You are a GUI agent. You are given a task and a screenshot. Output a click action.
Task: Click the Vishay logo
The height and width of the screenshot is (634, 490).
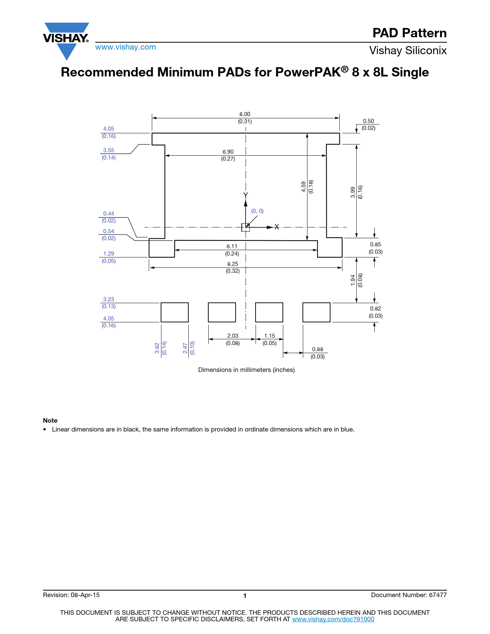(x=66, y=41)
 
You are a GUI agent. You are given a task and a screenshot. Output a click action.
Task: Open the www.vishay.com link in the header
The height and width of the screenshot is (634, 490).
(x=126, y=47)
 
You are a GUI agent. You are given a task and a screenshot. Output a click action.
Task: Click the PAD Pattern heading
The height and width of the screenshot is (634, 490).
(x=409, y=33)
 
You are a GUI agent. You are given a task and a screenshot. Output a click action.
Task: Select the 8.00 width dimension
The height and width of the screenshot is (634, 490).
(x=244, y=114)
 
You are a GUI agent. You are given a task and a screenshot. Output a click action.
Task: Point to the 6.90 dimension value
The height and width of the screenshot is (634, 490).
(x=228, y=152)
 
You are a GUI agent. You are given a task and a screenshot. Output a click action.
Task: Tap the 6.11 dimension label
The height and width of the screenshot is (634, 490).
(x=232, y=246)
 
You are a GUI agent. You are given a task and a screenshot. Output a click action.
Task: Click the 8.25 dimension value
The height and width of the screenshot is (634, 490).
(x=233, y=264)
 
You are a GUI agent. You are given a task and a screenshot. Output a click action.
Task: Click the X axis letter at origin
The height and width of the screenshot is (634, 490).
(x=277, y=227)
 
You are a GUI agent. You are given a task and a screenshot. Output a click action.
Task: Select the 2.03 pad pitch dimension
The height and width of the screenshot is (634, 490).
(x=233, y=336)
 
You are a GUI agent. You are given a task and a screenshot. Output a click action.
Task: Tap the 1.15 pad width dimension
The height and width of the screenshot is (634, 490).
(x=270, y=336)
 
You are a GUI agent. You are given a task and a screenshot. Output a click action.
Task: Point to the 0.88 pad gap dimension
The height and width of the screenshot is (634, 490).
(x=317, y=349)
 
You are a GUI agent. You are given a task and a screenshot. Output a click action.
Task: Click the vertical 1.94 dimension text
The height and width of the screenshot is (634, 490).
(x=353, y=280)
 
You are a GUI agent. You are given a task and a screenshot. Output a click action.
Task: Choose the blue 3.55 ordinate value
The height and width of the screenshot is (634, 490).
(x=108, y=150)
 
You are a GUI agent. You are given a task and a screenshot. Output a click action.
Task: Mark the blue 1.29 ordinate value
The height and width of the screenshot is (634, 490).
(x=108, y=254)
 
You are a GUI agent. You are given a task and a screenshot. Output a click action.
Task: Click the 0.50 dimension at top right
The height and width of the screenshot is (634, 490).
(x=368, y=121)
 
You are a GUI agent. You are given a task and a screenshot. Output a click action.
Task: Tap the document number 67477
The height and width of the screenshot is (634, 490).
(x=438, y=595)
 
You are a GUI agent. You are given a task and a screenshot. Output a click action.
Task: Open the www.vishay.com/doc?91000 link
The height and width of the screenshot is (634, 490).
(x=333, y=619)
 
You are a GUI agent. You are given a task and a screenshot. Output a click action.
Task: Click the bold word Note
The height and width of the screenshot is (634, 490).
(x=50, y=420)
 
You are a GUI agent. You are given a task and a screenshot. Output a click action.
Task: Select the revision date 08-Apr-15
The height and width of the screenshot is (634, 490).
(x=85, y=595)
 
